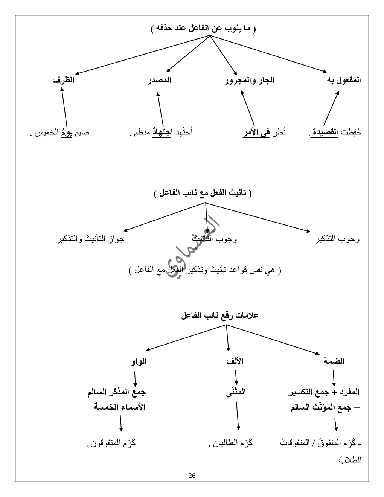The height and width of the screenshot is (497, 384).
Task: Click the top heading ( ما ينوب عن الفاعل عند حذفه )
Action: tap(203, 29)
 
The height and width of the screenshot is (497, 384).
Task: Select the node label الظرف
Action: tap(63, 80)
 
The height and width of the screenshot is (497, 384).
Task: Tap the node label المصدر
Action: tap(159, 80)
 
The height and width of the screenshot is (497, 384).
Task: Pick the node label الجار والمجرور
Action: tap(250, 80)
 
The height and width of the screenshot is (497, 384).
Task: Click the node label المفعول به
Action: tap(344, 80)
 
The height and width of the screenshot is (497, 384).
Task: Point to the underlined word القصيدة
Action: tap(325, 133)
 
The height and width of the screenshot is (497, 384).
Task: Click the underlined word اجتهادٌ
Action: tap(162, 133)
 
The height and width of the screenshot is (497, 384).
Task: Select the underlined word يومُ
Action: tap(66, 133)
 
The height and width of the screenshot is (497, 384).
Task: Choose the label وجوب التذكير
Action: tap(337, 239)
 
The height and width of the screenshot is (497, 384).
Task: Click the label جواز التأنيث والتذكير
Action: tap(90, 239)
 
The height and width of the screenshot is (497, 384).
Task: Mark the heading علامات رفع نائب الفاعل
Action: tap(219, 316)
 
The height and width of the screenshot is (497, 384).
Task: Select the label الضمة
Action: tap(334, 361)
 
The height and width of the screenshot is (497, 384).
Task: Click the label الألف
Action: tap(235, 361)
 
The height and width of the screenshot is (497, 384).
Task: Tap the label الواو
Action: tap(139, 361)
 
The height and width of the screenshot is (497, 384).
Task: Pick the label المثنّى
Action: tap(236, 392)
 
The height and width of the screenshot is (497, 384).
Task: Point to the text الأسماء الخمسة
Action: tap(120, 407)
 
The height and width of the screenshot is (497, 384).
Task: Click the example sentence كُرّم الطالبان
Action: tap(230, 443)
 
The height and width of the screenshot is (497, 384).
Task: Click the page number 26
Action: tap(192, 476)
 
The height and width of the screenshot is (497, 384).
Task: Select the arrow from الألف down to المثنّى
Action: tap(236, 377)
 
